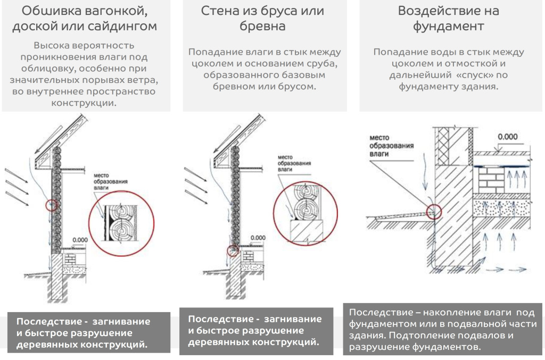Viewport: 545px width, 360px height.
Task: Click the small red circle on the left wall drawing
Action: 51,205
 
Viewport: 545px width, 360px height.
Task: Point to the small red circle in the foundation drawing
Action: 434,212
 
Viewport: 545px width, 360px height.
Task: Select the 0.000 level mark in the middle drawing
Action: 258,237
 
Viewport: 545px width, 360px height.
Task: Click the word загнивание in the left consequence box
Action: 121,321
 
